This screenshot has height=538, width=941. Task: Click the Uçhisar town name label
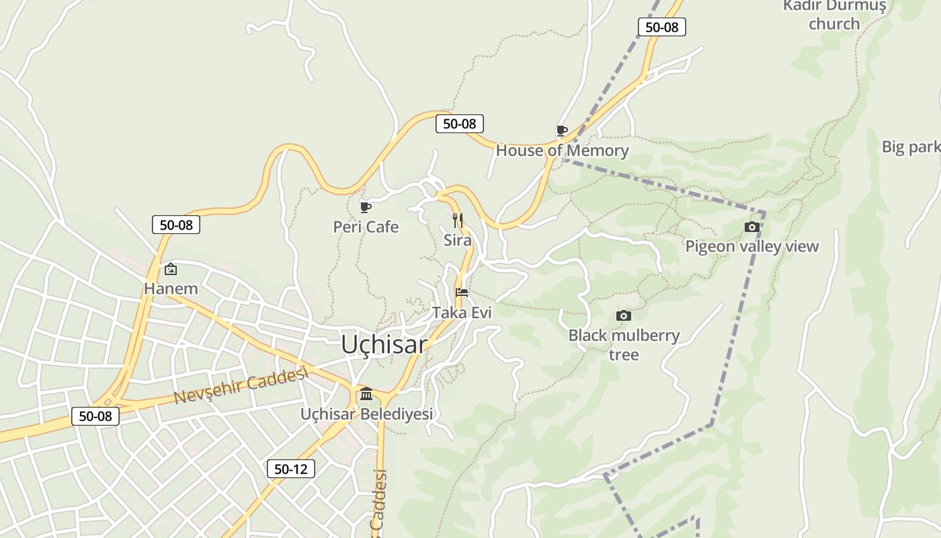384,344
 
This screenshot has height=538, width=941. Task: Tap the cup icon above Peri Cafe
366,207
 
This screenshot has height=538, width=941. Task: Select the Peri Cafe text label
366,227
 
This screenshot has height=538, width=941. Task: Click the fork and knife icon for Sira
458,220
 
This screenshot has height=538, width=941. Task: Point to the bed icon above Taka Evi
462,293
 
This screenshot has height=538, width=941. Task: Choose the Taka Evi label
462,313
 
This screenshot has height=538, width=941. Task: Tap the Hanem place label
171,289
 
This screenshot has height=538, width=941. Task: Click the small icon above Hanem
171,269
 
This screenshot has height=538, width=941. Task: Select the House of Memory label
562,151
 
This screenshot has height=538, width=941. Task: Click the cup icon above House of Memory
562,130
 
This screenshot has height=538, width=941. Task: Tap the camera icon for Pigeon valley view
752,227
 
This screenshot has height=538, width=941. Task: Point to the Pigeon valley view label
752,246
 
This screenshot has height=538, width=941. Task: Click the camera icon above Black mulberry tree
624,315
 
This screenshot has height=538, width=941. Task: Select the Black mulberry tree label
624,344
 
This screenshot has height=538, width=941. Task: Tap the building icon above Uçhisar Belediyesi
366,393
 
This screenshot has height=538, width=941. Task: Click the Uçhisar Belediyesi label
366,414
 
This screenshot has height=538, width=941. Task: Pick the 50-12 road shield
291,469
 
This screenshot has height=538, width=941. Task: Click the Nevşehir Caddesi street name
241,385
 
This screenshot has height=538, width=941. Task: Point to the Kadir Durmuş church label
834,15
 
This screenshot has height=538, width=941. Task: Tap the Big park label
911,147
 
